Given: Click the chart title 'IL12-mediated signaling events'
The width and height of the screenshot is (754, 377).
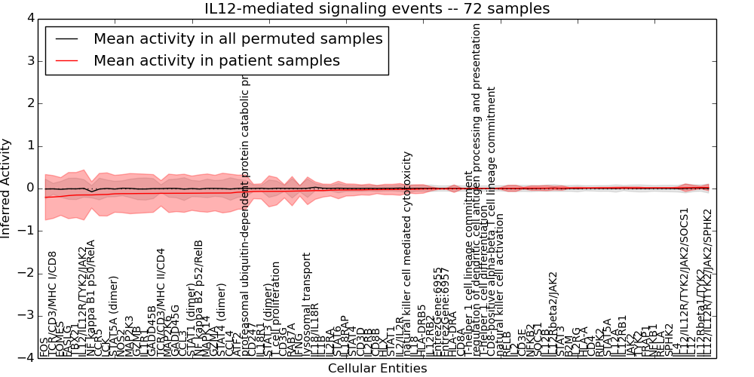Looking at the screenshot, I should coord(377,8).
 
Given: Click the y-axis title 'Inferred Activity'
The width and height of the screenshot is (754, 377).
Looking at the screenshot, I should coord(7,188).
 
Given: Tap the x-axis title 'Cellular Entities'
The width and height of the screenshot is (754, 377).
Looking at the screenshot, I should coord(377,369).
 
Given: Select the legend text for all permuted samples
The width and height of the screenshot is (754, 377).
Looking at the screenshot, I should coord(238,38).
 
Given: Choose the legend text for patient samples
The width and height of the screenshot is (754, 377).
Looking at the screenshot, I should coord(216,60).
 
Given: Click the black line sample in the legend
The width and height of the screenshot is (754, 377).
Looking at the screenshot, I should coord(67,38).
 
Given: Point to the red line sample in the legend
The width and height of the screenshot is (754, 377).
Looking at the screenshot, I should coord(67,60).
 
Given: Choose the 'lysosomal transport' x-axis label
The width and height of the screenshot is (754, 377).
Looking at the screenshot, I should coord(306,302).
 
